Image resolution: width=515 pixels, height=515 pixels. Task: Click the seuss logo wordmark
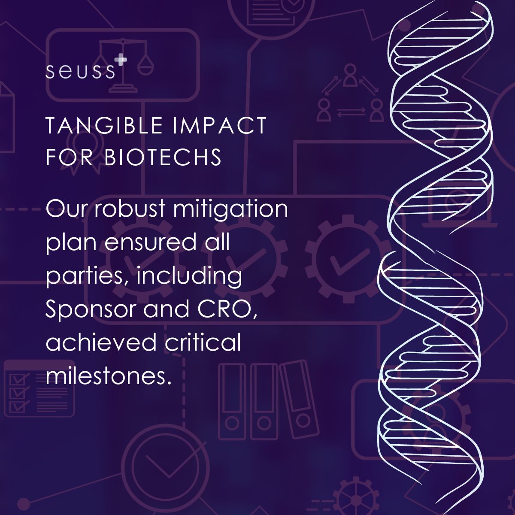80,71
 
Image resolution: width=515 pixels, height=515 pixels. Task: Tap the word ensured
150,242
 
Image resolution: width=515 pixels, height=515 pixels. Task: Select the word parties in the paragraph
88,277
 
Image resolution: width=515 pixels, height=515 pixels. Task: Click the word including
190,277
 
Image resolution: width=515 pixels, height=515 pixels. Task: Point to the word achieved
101,342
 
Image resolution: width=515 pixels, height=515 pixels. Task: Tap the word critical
203,342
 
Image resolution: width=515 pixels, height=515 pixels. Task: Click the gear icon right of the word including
348,260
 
